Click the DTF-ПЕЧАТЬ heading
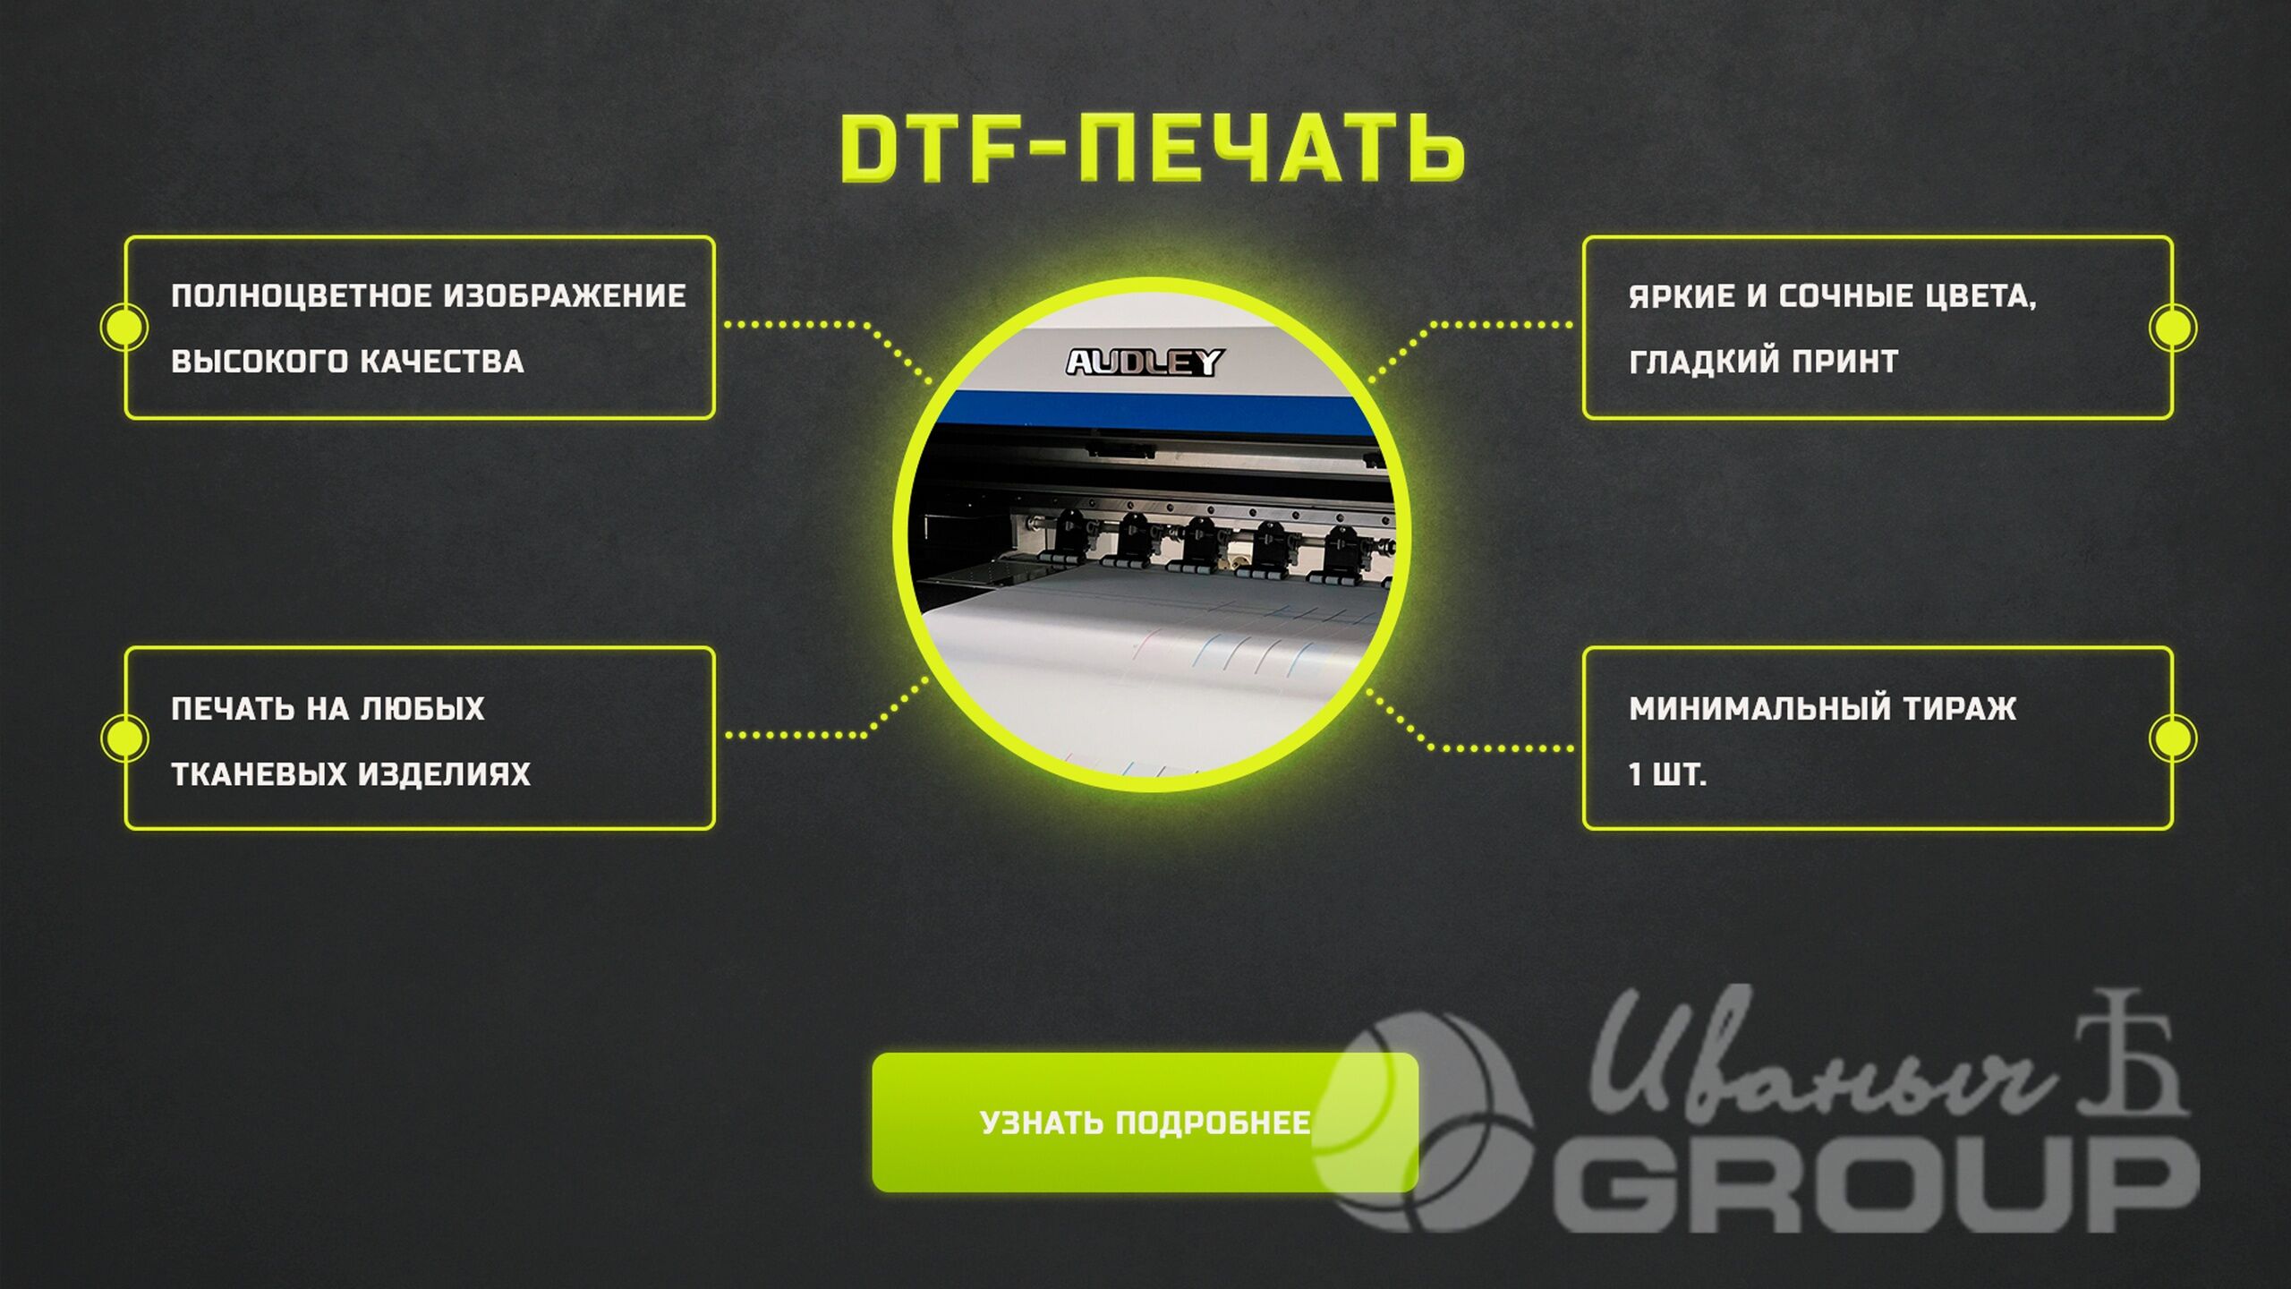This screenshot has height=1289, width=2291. click(x=1152, y=149)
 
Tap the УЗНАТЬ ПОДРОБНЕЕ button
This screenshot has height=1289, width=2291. click(x=1145, y=1123)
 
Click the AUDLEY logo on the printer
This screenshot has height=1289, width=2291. click(x=1145, y=363)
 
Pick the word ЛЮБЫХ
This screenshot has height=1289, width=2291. click(x=422, y=709)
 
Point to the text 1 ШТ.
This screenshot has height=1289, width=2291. click(x=1667, y=774)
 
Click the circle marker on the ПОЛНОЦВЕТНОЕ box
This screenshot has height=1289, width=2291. click(x=124, y=327)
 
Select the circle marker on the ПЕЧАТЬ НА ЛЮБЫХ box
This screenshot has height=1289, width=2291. click(x=124, y=738)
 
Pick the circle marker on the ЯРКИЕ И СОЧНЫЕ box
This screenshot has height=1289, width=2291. click(x=2172, y=327)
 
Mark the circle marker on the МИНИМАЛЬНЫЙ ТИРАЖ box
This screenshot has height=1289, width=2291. click(x=2172, y=738)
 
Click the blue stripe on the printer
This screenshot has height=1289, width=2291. click(x=1150, y=412)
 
